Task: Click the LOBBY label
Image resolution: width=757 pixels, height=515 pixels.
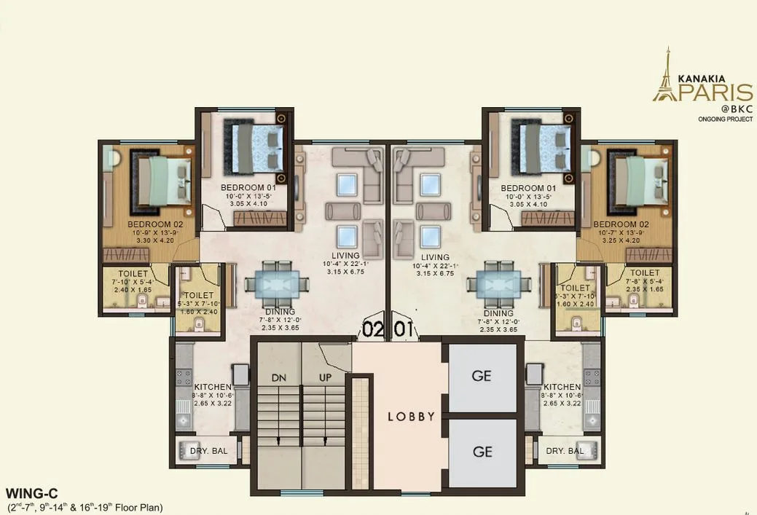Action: point(411,417)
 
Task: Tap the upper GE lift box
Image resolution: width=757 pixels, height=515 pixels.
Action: point(482,377)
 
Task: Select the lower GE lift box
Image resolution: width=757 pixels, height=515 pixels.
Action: point(482,452)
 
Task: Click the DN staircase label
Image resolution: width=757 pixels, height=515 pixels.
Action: point(278,378)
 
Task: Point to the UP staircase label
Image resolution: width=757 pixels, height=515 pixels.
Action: point(326,378)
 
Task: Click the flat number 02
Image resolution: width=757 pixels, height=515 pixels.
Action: point(373,329)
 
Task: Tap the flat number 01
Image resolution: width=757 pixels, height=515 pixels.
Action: point(404,329)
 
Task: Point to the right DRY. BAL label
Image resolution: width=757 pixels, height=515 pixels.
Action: point(565,451)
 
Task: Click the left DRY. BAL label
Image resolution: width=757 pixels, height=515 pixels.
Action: point(209,451)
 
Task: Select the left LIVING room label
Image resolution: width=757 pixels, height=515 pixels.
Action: point(345,256)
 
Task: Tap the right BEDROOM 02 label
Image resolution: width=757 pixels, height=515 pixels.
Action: point(621,224)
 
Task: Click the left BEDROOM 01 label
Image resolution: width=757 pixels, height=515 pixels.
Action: point(254,188)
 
